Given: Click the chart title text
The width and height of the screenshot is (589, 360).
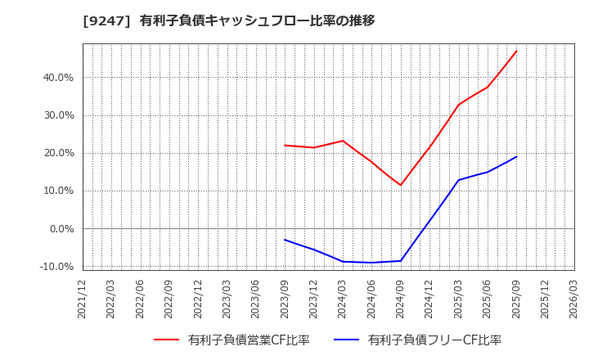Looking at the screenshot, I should (228, 20).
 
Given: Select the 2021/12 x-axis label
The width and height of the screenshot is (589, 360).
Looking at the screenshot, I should (83, 298).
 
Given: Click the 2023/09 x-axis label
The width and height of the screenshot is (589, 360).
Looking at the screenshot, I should (285, 298).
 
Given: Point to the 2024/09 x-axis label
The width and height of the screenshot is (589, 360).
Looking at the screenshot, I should (400, 298).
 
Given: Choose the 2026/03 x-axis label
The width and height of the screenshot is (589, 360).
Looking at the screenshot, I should (573, 298).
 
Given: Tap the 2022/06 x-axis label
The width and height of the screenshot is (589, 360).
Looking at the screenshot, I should (140, 298).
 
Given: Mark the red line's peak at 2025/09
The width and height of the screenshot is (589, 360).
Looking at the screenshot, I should (516, 51).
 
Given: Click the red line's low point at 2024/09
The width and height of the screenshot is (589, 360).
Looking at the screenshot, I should (400, 185).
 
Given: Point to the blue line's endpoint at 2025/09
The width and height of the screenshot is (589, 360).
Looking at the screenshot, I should (516, 156).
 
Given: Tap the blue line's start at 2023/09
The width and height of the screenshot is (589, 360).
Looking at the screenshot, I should (285, 240).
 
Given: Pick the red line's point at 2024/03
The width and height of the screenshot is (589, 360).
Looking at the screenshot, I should (343, 141).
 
